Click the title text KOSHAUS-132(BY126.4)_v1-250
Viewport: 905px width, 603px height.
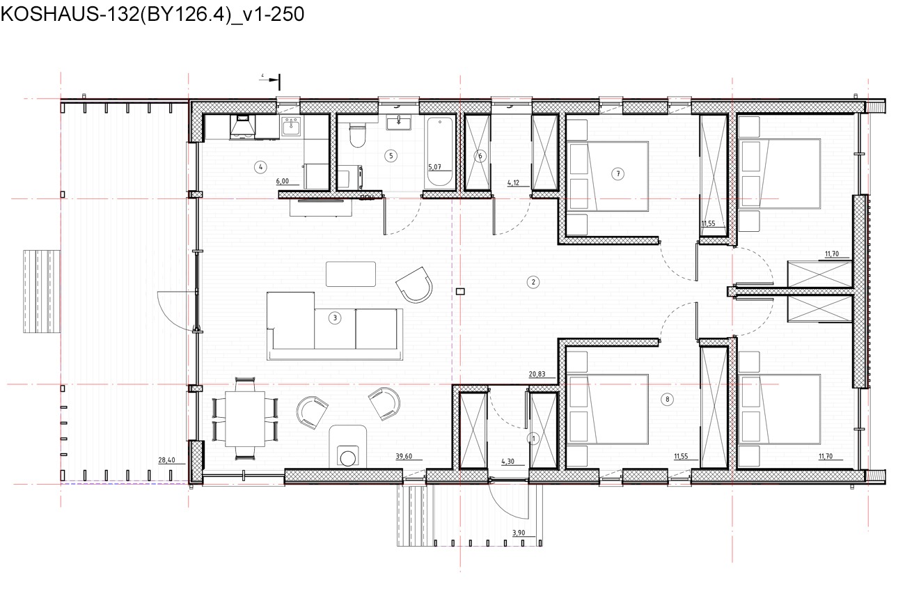[152, 15]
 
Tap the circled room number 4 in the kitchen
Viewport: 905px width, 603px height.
[260, 167]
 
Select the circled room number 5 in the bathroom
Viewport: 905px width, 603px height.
[391, 156]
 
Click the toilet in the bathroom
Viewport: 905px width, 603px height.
[357, 134]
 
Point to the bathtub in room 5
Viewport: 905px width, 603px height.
[440, 152]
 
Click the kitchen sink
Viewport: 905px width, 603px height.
[291, 127]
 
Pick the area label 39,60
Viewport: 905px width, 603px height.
[404, 456]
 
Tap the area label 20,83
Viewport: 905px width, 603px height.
[537, 374]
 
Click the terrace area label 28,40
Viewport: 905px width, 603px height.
[167, 460]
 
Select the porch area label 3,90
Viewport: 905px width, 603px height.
[519, 533]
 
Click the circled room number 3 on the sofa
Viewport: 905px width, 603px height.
[335, 318]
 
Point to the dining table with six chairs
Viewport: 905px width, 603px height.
[245, 418]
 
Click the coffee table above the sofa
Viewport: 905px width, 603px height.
[351, 274]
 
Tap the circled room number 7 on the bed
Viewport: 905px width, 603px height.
[617, 174]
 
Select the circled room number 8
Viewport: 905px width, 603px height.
[667, 400]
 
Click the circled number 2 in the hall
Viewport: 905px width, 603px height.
[533, 282]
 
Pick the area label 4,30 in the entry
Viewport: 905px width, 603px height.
[508, 462]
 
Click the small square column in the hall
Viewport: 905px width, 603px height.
[459, 291]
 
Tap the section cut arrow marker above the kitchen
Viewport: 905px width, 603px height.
[270, 81]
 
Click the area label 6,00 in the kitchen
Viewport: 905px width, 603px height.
[283, 181]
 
